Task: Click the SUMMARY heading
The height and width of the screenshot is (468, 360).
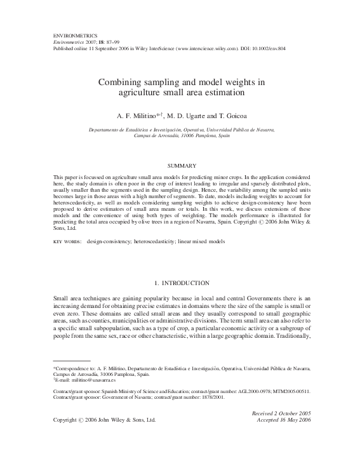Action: [x=180, y=164]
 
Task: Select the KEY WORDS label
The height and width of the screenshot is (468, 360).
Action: [x=63, y=243]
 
